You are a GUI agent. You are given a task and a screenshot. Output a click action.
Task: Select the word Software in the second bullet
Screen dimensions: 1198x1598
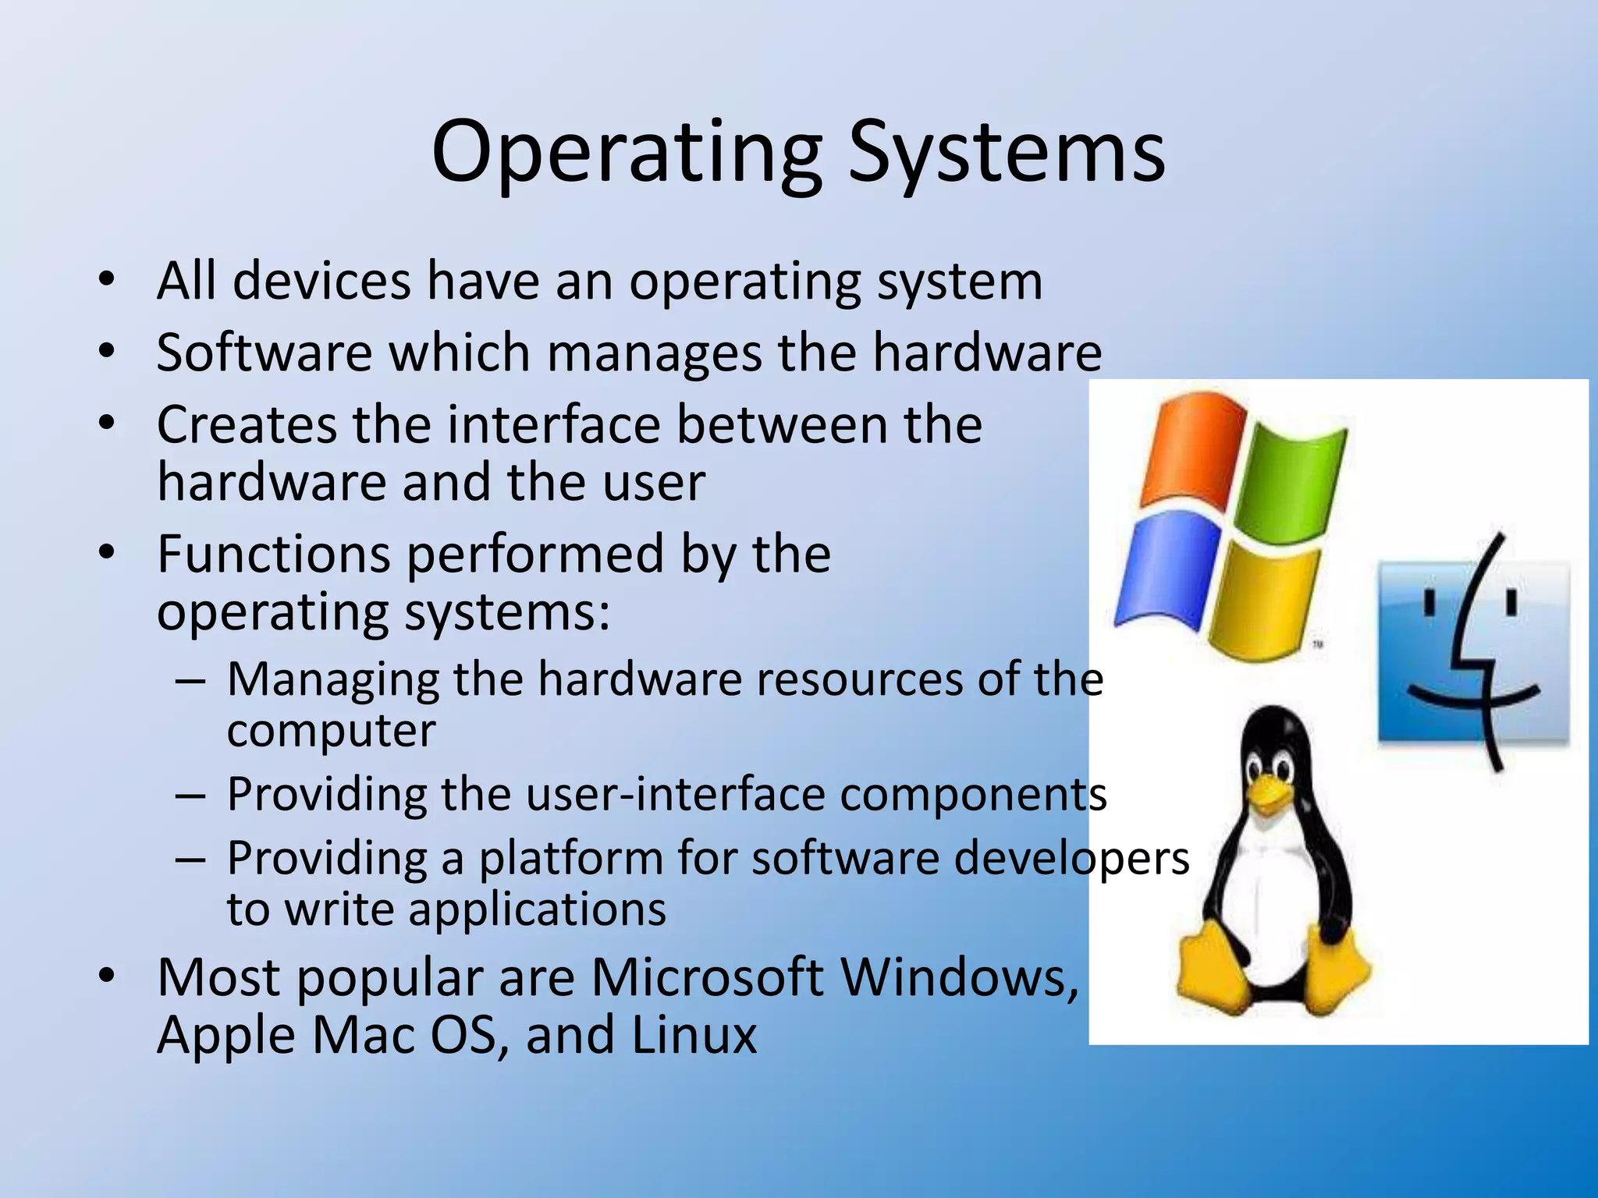click(x=265, y=353)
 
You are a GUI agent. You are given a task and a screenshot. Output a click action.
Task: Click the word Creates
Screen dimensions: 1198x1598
click(x=245, y=425)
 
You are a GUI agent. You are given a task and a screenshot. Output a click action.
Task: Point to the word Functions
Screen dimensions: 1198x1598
click(x=273, y=555)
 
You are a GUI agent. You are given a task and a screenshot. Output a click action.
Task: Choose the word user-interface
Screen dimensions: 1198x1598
click(x=676, y=795)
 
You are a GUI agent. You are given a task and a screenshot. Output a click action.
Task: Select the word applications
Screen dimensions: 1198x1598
click(x=538, y=909)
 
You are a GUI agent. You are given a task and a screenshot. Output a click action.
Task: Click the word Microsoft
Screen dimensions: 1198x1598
click(x=707, y=977)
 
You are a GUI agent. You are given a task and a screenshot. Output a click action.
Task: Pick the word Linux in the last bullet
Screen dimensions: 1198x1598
click(x=694, y=1035)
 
